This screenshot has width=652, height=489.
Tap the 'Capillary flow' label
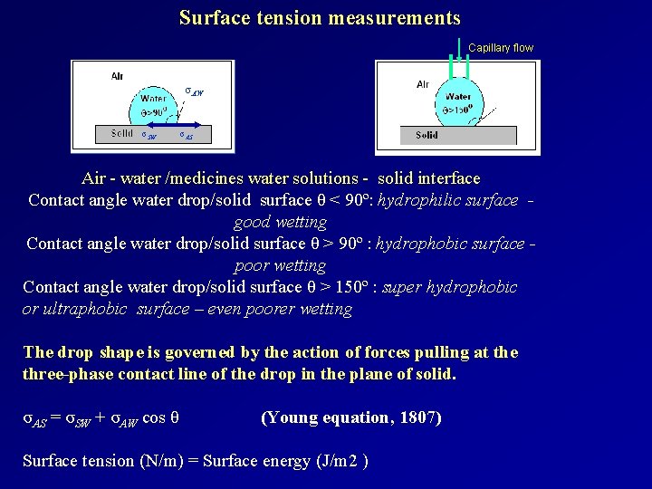tap(501, 48)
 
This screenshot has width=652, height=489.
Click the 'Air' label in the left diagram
tap(118, 77)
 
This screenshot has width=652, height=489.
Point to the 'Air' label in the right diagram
tap(423, 84)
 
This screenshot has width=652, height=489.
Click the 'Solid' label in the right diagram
tap(427, 135)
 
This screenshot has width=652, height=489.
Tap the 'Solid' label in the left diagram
tap(122, 133)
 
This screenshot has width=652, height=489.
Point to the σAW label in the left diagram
tap(194, 91)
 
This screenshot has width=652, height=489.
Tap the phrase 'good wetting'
tap(280, 222)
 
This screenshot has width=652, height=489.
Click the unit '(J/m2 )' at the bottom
tap(340, 461)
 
